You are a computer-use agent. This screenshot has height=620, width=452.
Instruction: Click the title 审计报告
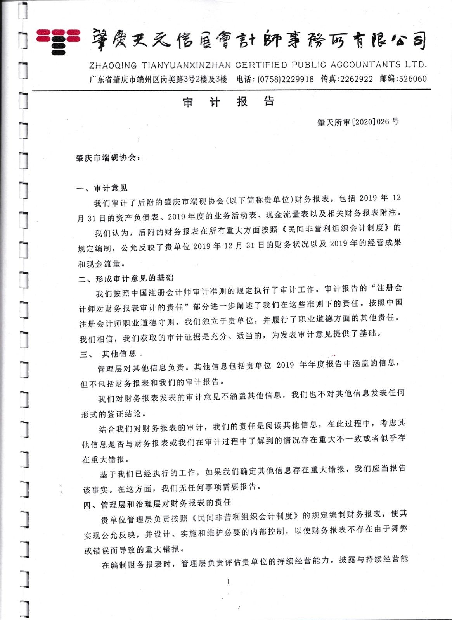(x=229, y=102)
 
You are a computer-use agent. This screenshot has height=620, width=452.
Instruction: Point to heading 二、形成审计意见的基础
(x=126, y=279)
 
